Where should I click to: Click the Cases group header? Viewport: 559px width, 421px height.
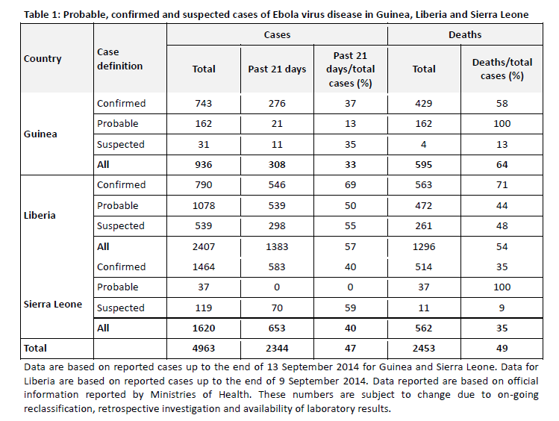277,35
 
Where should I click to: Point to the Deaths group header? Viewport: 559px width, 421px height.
464,35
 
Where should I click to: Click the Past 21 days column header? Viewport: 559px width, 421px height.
277,69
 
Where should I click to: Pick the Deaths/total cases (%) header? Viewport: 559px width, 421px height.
499,69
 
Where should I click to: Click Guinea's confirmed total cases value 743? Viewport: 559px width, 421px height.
204,104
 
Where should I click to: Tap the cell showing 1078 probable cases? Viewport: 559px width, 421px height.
204,205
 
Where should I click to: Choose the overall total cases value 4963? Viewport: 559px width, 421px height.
204,349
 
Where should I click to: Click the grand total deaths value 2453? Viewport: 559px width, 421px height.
424,349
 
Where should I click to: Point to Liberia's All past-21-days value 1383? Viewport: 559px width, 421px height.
277,246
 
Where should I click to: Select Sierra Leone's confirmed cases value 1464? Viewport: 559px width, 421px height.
204,266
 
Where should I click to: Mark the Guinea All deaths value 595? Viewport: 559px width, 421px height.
424,165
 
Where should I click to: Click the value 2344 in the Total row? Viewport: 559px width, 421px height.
277,349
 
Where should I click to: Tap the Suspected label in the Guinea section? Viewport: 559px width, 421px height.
120,144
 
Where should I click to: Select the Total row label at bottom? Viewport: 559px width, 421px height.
35,349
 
